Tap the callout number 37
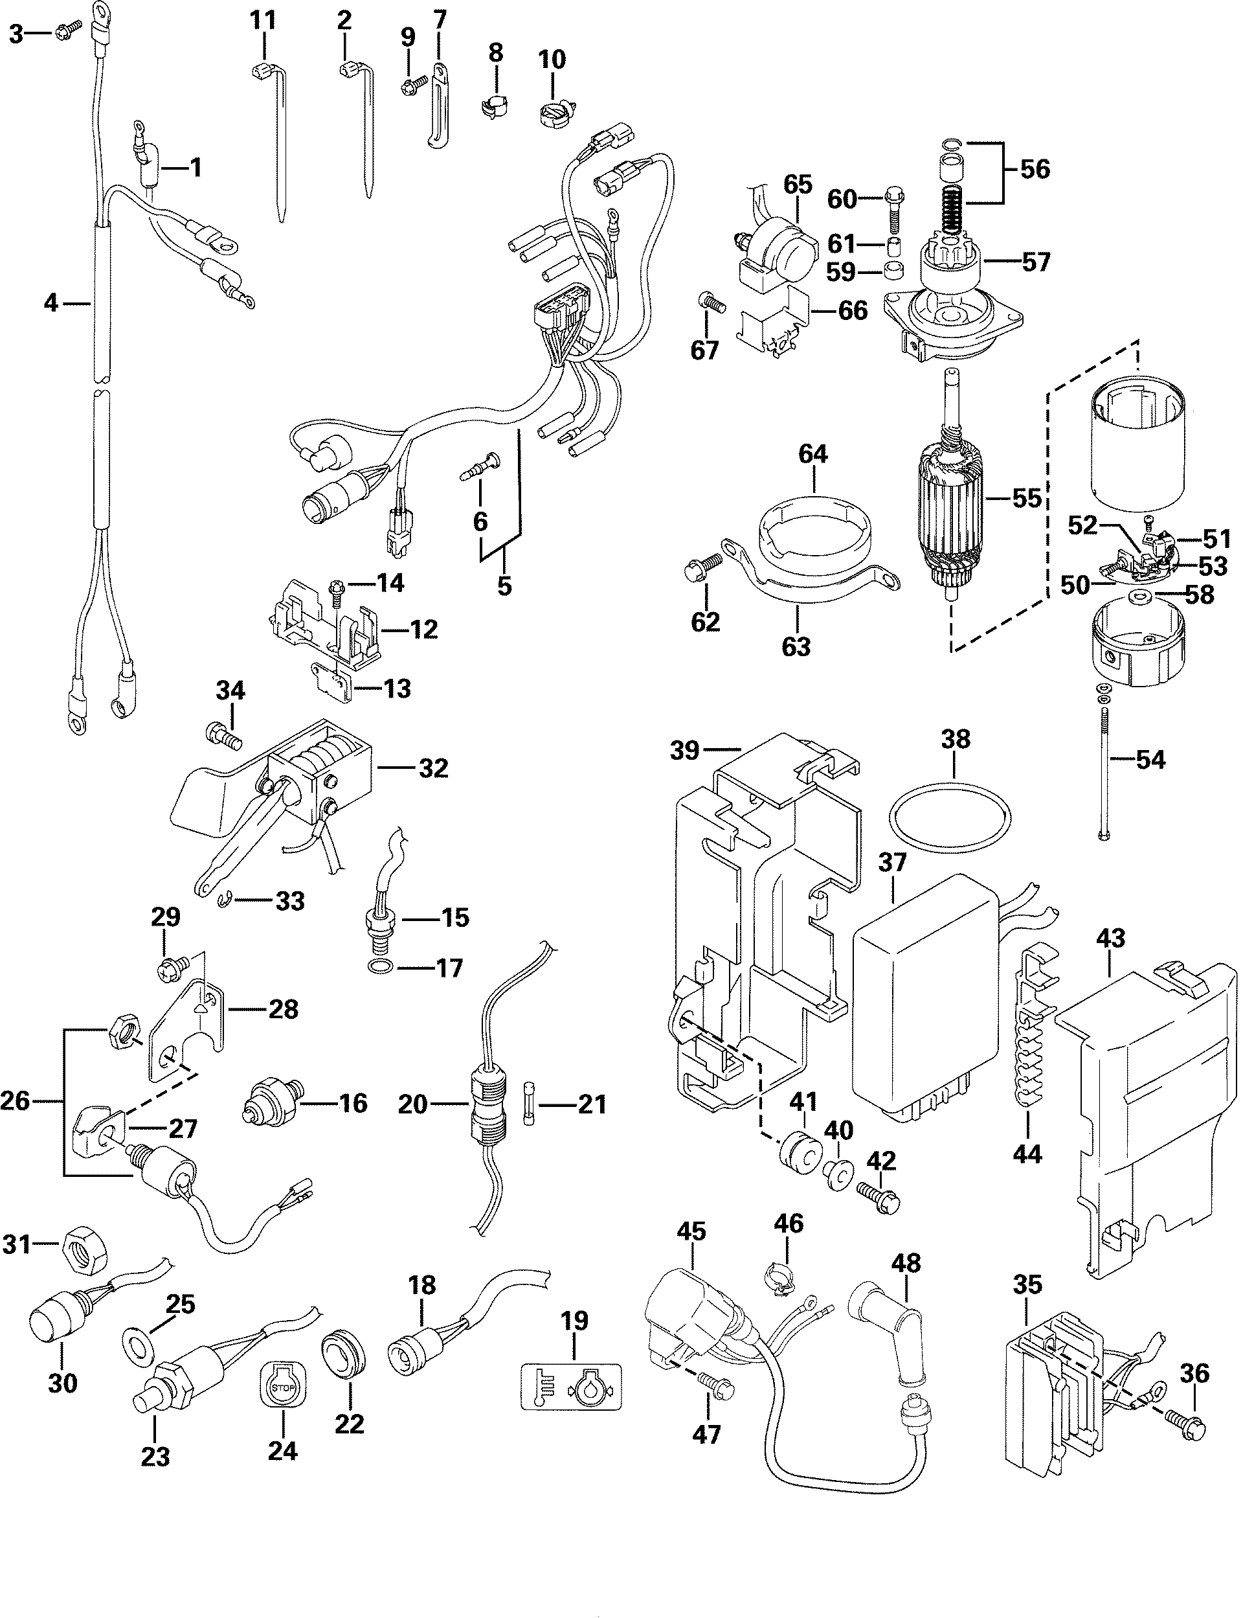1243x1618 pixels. pos(893,862)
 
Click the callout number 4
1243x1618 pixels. pos(50,302)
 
